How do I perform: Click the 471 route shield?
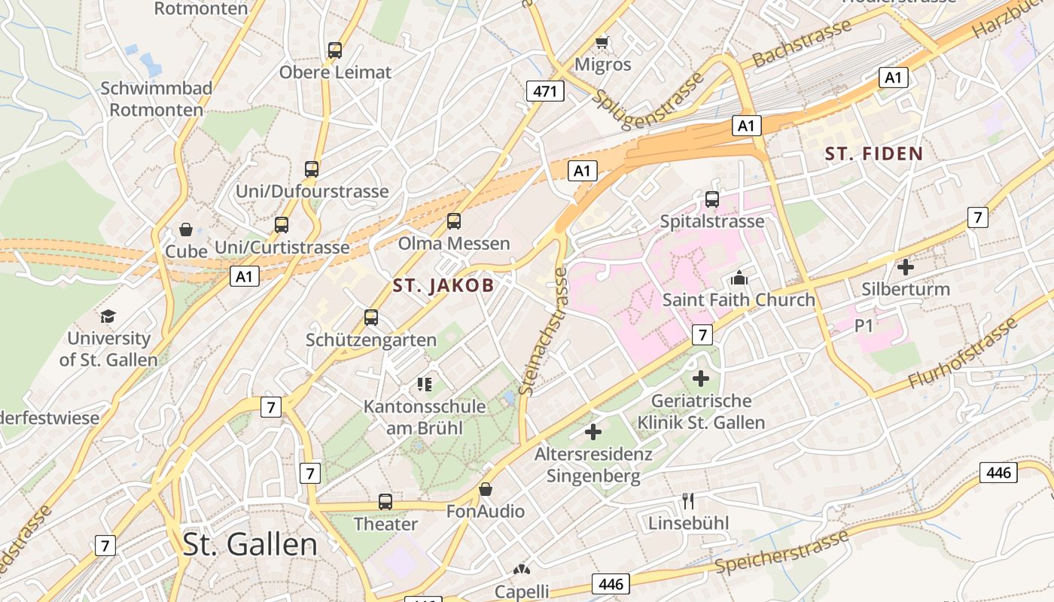pos(545,91)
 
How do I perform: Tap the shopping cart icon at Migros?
pos(602,42)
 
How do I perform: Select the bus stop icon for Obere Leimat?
pos(335,50)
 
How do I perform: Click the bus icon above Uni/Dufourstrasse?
pos(312,169)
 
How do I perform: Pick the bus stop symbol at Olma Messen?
pos(453,221)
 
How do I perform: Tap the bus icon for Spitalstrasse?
pos(712,199)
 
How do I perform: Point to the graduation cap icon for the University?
pos(108,316)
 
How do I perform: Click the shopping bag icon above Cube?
pos(186,230)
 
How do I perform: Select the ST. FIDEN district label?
pos(874,154)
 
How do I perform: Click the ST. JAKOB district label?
pos(443,285)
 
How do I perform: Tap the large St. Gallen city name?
pos(250,544)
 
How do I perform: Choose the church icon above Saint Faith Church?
pos(739,278)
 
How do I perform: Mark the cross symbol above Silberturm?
pos(906,267)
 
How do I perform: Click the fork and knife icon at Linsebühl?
pos(688,500)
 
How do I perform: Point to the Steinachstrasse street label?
pos(542,331)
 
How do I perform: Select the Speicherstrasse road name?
pos(783,552)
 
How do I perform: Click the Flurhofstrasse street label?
pos(963,354)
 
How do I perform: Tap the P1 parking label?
pos(864,326)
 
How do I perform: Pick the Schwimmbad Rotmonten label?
pos(157,99)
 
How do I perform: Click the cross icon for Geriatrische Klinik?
pos(701,379)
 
